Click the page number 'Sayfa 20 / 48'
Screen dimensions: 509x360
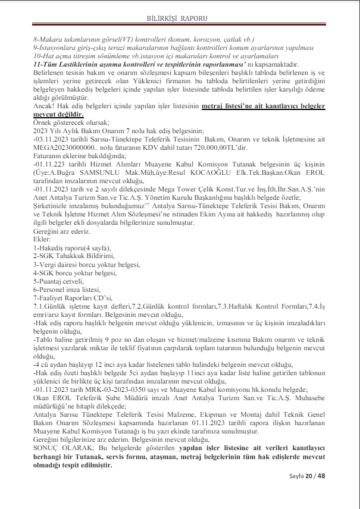point(307,494)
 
